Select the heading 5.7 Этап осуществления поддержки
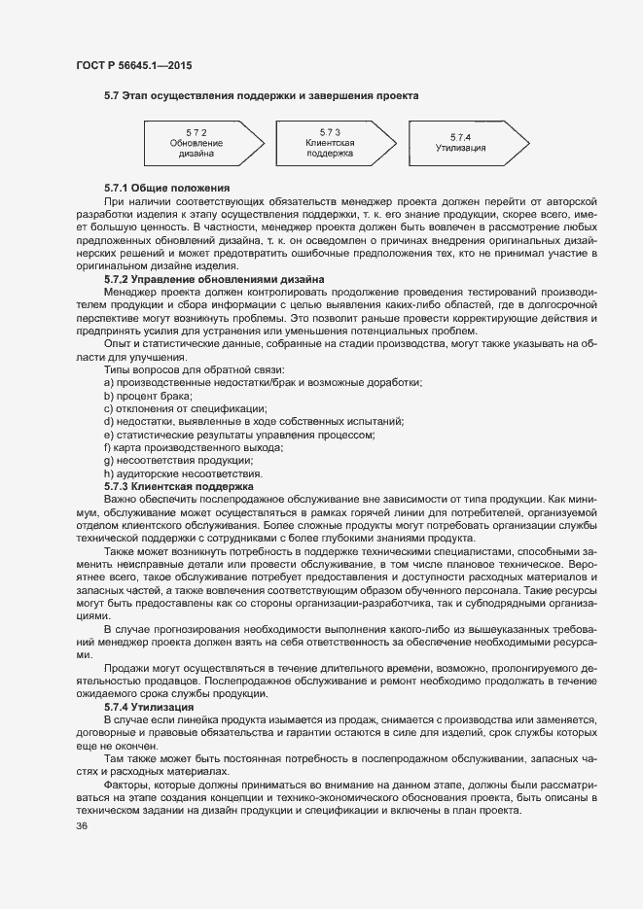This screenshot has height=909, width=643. point(261,96)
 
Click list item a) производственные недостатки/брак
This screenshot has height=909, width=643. point(262,382)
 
